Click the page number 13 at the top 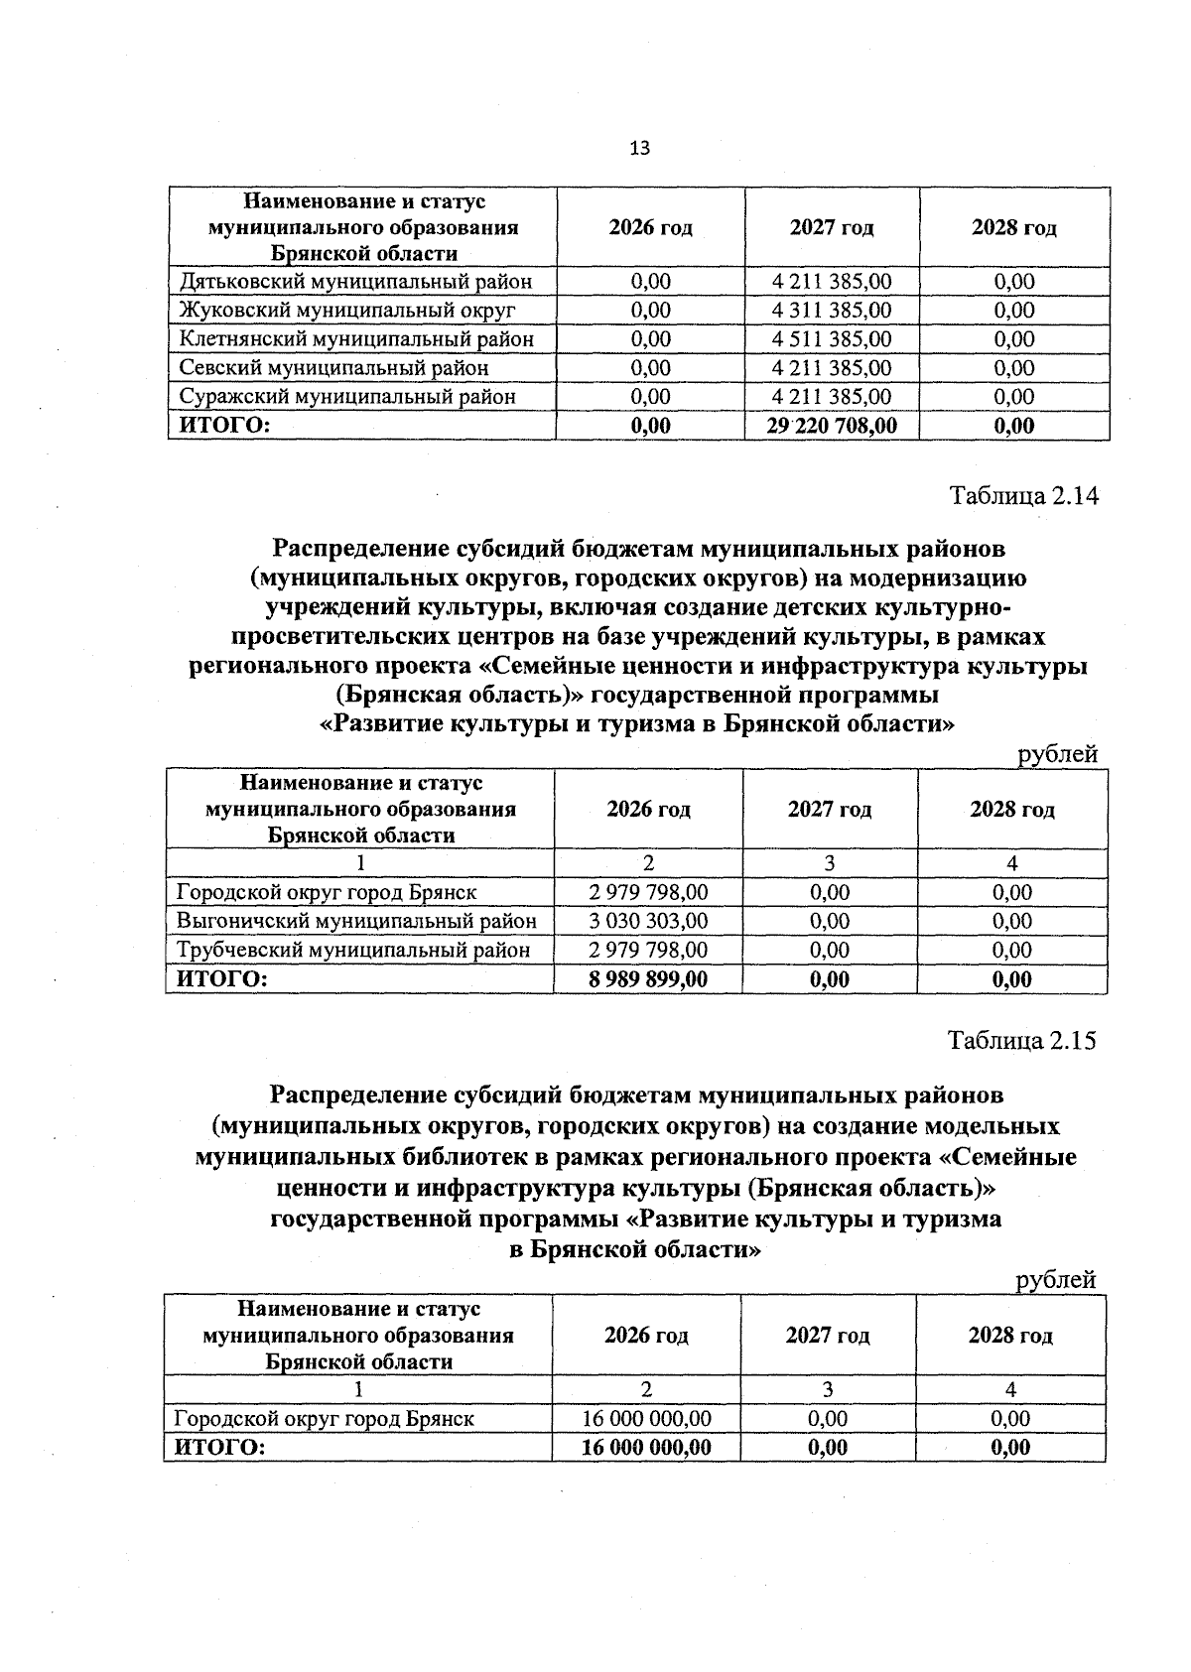[x=640, y=149]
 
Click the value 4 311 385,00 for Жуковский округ [x=832, y=311]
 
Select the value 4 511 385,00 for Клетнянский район [x=832, y=339]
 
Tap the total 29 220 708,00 [x=832, y=427]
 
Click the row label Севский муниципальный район [x=333, y=368]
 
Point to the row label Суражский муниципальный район [x=347, y=397]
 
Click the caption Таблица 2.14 [x=1024, y=496]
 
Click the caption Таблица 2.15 [x=1022, y=1041]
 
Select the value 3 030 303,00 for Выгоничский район [x=648, y=921]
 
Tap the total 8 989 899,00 [x=648, y=979]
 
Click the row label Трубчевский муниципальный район [x=352, y=950]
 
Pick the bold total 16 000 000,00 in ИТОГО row [x=646, y=1447]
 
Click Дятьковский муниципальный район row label [x=355, y=282]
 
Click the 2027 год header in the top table [x=832, y=228]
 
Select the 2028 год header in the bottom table [x=1010, y=1336]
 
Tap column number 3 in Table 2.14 [x=830, y=863]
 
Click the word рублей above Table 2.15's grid [x=1056, y=1280]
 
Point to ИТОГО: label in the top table [x=224, y=427]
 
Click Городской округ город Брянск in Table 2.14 [x=327, y=892]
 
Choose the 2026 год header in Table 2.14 [x=648, y=810]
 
